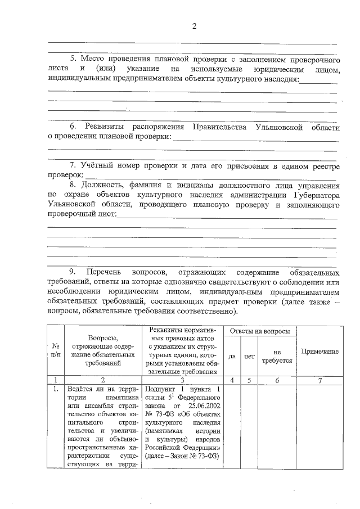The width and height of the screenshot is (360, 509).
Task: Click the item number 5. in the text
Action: (73, 58)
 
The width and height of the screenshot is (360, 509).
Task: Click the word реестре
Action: (321, 166)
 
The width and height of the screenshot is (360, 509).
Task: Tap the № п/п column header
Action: (55, 351)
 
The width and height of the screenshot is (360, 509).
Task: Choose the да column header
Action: (232, 357)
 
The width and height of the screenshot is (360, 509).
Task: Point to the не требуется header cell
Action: (277, 357)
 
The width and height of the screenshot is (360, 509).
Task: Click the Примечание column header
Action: (319, 351)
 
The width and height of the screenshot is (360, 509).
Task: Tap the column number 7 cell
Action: (319, 380)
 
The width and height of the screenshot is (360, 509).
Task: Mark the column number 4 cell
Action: (232, 380)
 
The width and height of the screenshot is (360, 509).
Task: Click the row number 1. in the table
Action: (55, 389)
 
